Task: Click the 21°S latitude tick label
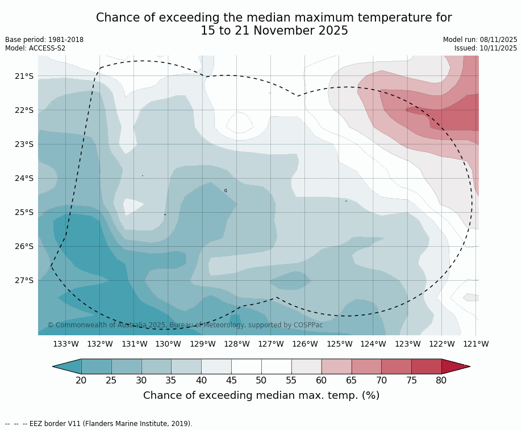(24, 76)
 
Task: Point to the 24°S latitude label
(24, 178)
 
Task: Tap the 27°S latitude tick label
(24, 280)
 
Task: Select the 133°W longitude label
(66, 344)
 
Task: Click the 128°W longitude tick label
(237, 344)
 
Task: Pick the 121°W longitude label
(476, 344)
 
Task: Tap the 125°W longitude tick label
(339, 344)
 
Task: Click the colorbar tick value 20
(81, 380)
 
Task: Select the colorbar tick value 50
(261, 380)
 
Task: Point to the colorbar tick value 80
(441, 380)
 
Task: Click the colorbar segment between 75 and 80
(426, 366)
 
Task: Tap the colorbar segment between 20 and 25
(96, 366)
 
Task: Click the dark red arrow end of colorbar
(454, 366)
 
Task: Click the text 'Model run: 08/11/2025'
(480, 40)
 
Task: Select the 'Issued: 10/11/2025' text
(486, 48)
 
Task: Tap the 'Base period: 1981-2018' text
(44, 40)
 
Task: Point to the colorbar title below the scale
(261, 395)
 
